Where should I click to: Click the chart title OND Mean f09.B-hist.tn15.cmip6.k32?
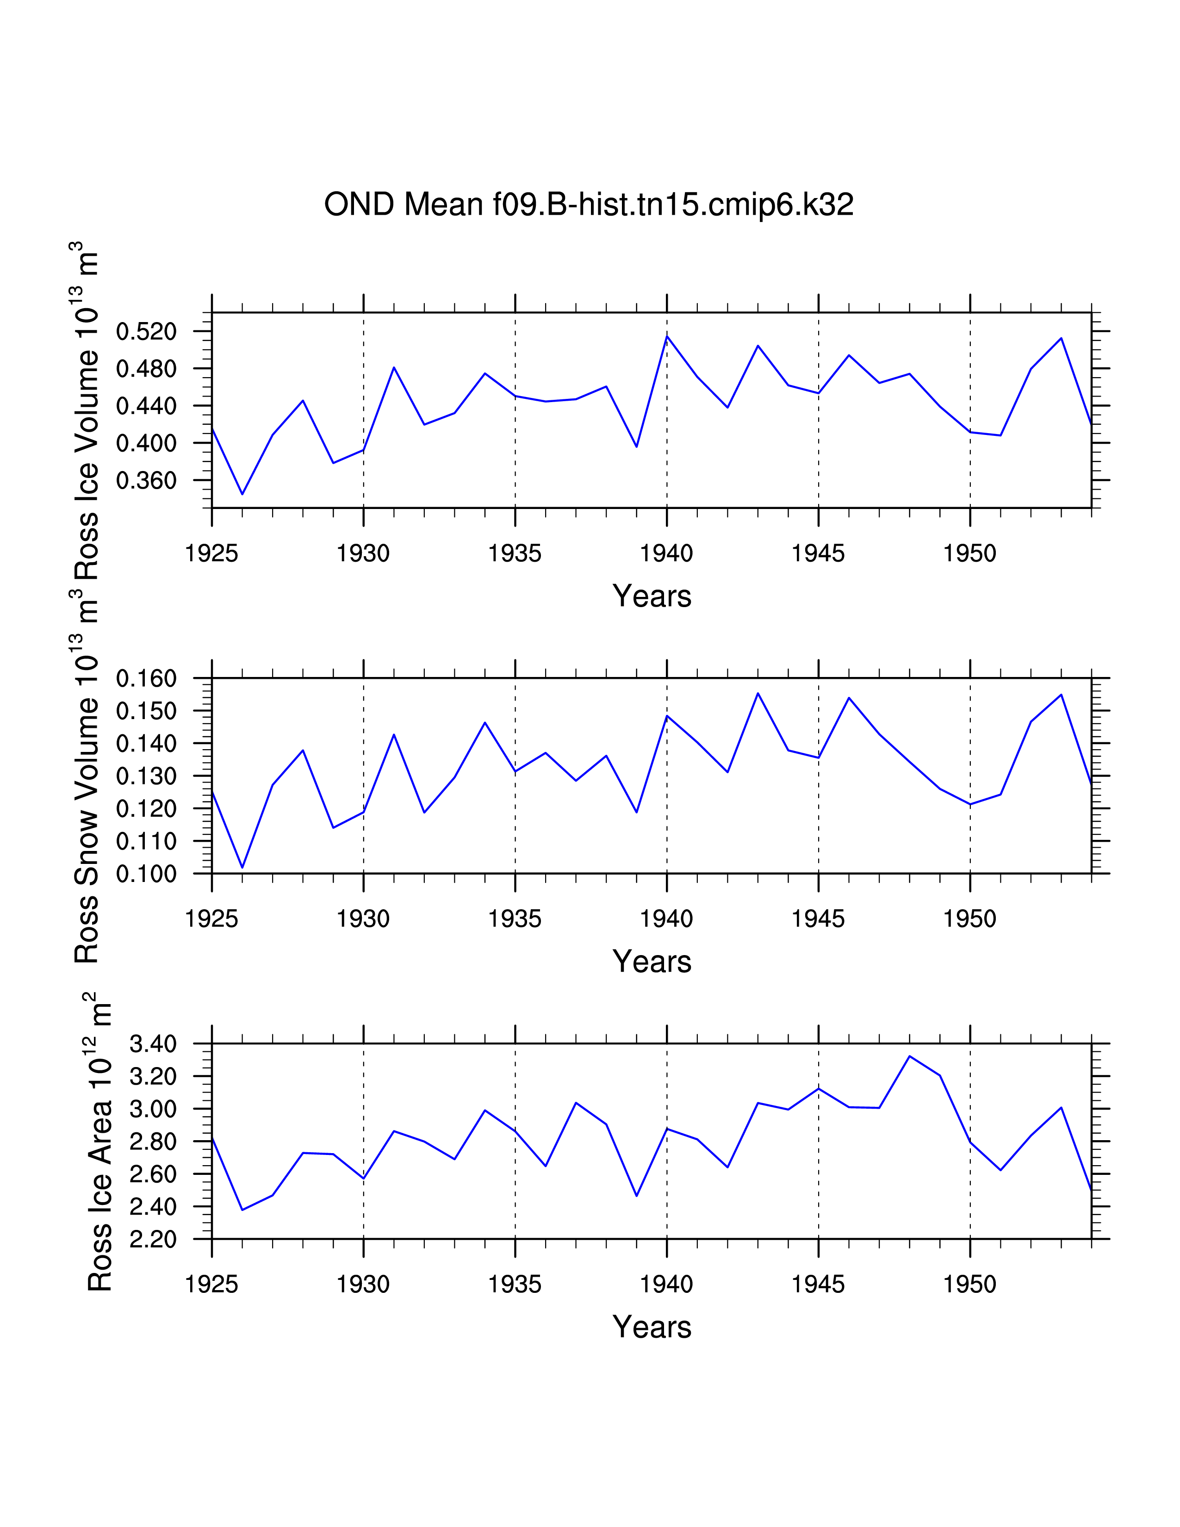tap(589, 205)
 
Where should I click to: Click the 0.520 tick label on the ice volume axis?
tap(146, 331)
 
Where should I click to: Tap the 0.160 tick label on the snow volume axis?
tap(146, 678)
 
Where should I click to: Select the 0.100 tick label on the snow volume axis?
tap(146, 874)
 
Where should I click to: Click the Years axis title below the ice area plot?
tap(652, 1327)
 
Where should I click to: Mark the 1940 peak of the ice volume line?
tap(667, 336)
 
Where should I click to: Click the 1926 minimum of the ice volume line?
tap(242, 494)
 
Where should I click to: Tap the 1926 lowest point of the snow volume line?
tap(242, 868)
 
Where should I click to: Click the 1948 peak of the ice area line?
tap(909, 1056)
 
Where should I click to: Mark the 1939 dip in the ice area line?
tap(636, 1196)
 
